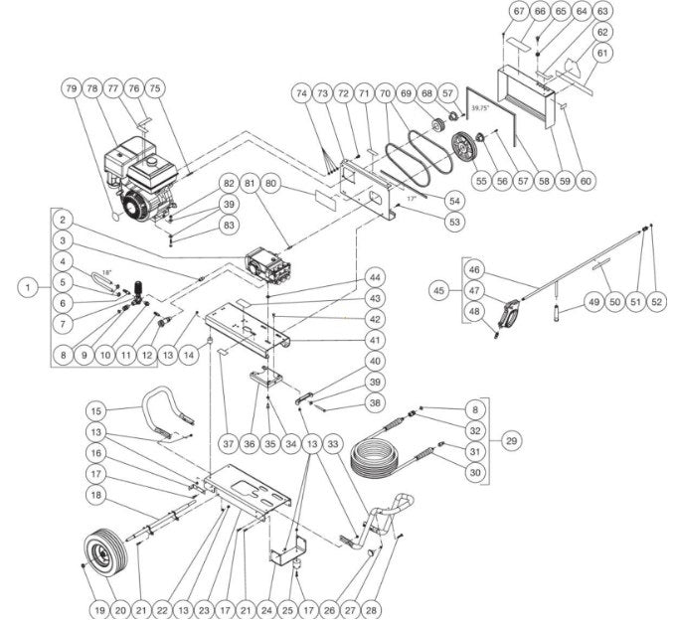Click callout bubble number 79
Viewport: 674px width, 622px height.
71,88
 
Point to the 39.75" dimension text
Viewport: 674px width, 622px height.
480,105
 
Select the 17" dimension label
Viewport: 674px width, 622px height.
409,199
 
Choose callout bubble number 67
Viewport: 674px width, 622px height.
518,11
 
